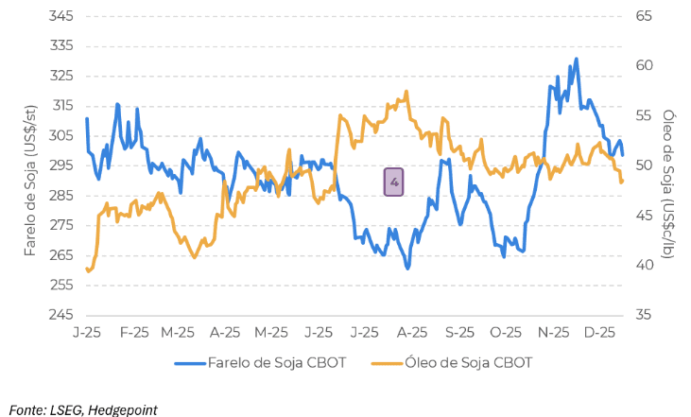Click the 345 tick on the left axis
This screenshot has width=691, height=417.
[x=61, y=16]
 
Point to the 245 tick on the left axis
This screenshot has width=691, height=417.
[x=61, y=315]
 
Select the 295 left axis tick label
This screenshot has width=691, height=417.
[x=61, y=165]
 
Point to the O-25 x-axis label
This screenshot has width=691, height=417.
[x=506, y=333]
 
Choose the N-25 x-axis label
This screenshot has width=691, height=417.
[x=553, y=333]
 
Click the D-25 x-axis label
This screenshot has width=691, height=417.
[x=600, y=333]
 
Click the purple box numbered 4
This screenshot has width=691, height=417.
[x=394, y=182]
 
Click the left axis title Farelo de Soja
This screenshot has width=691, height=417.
[x=29, y=180]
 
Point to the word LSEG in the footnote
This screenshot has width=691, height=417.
[x=61, y=408]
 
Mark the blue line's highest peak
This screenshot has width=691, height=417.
[x=577, y=59]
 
